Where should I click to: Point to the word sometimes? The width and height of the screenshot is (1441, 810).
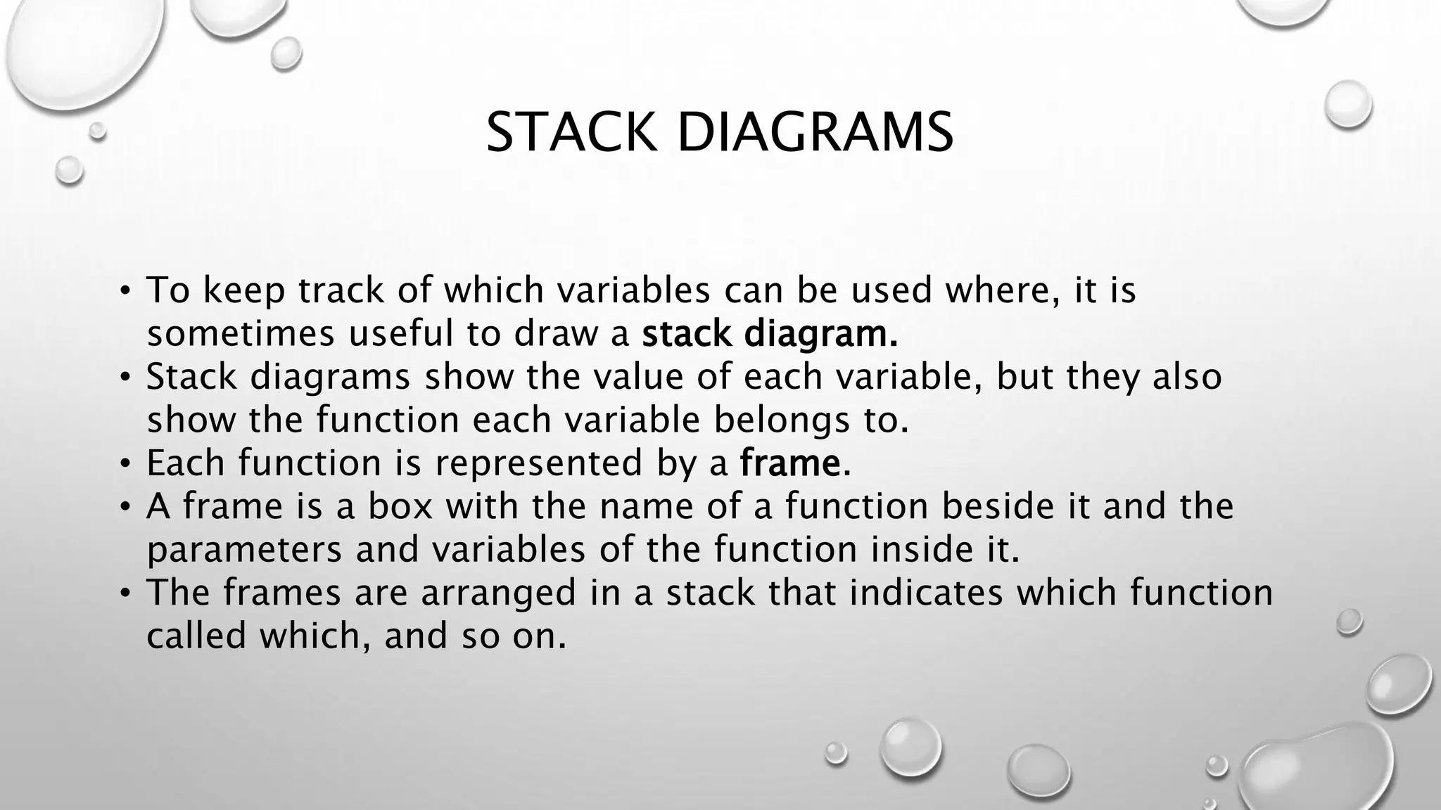click(x=241, y=333)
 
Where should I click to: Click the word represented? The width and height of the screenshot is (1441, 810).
click(x=539, y=463)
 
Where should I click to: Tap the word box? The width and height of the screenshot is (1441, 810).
click(x=400, y=506)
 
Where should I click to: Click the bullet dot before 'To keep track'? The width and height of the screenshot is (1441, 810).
click(x=125, y=290)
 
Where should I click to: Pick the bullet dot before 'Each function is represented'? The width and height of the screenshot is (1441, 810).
click(x=125, y=463)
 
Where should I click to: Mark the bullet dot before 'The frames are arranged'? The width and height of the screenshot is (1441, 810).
click(x=125, y=593)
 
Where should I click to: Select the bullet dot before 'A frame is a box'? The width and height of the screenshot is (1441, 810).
click(x=125, y=506)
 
